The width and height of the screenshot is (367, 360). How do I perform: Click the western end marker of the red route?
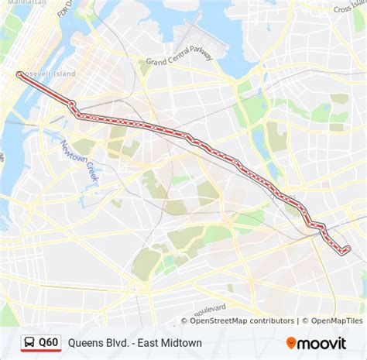[19, 74]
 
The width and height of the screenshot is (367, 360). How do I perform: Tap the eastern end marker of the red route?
[346, 249]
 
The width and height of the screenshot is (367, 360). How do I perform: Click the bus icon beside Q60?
[28, 341]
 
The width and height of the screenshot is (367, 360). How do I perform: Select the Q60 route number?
[48, 341]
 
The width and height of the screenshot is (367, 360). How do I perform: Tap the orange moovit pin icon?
[291, 342]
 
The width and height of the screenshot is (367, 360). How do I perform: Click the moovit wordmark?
[325, 342]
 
